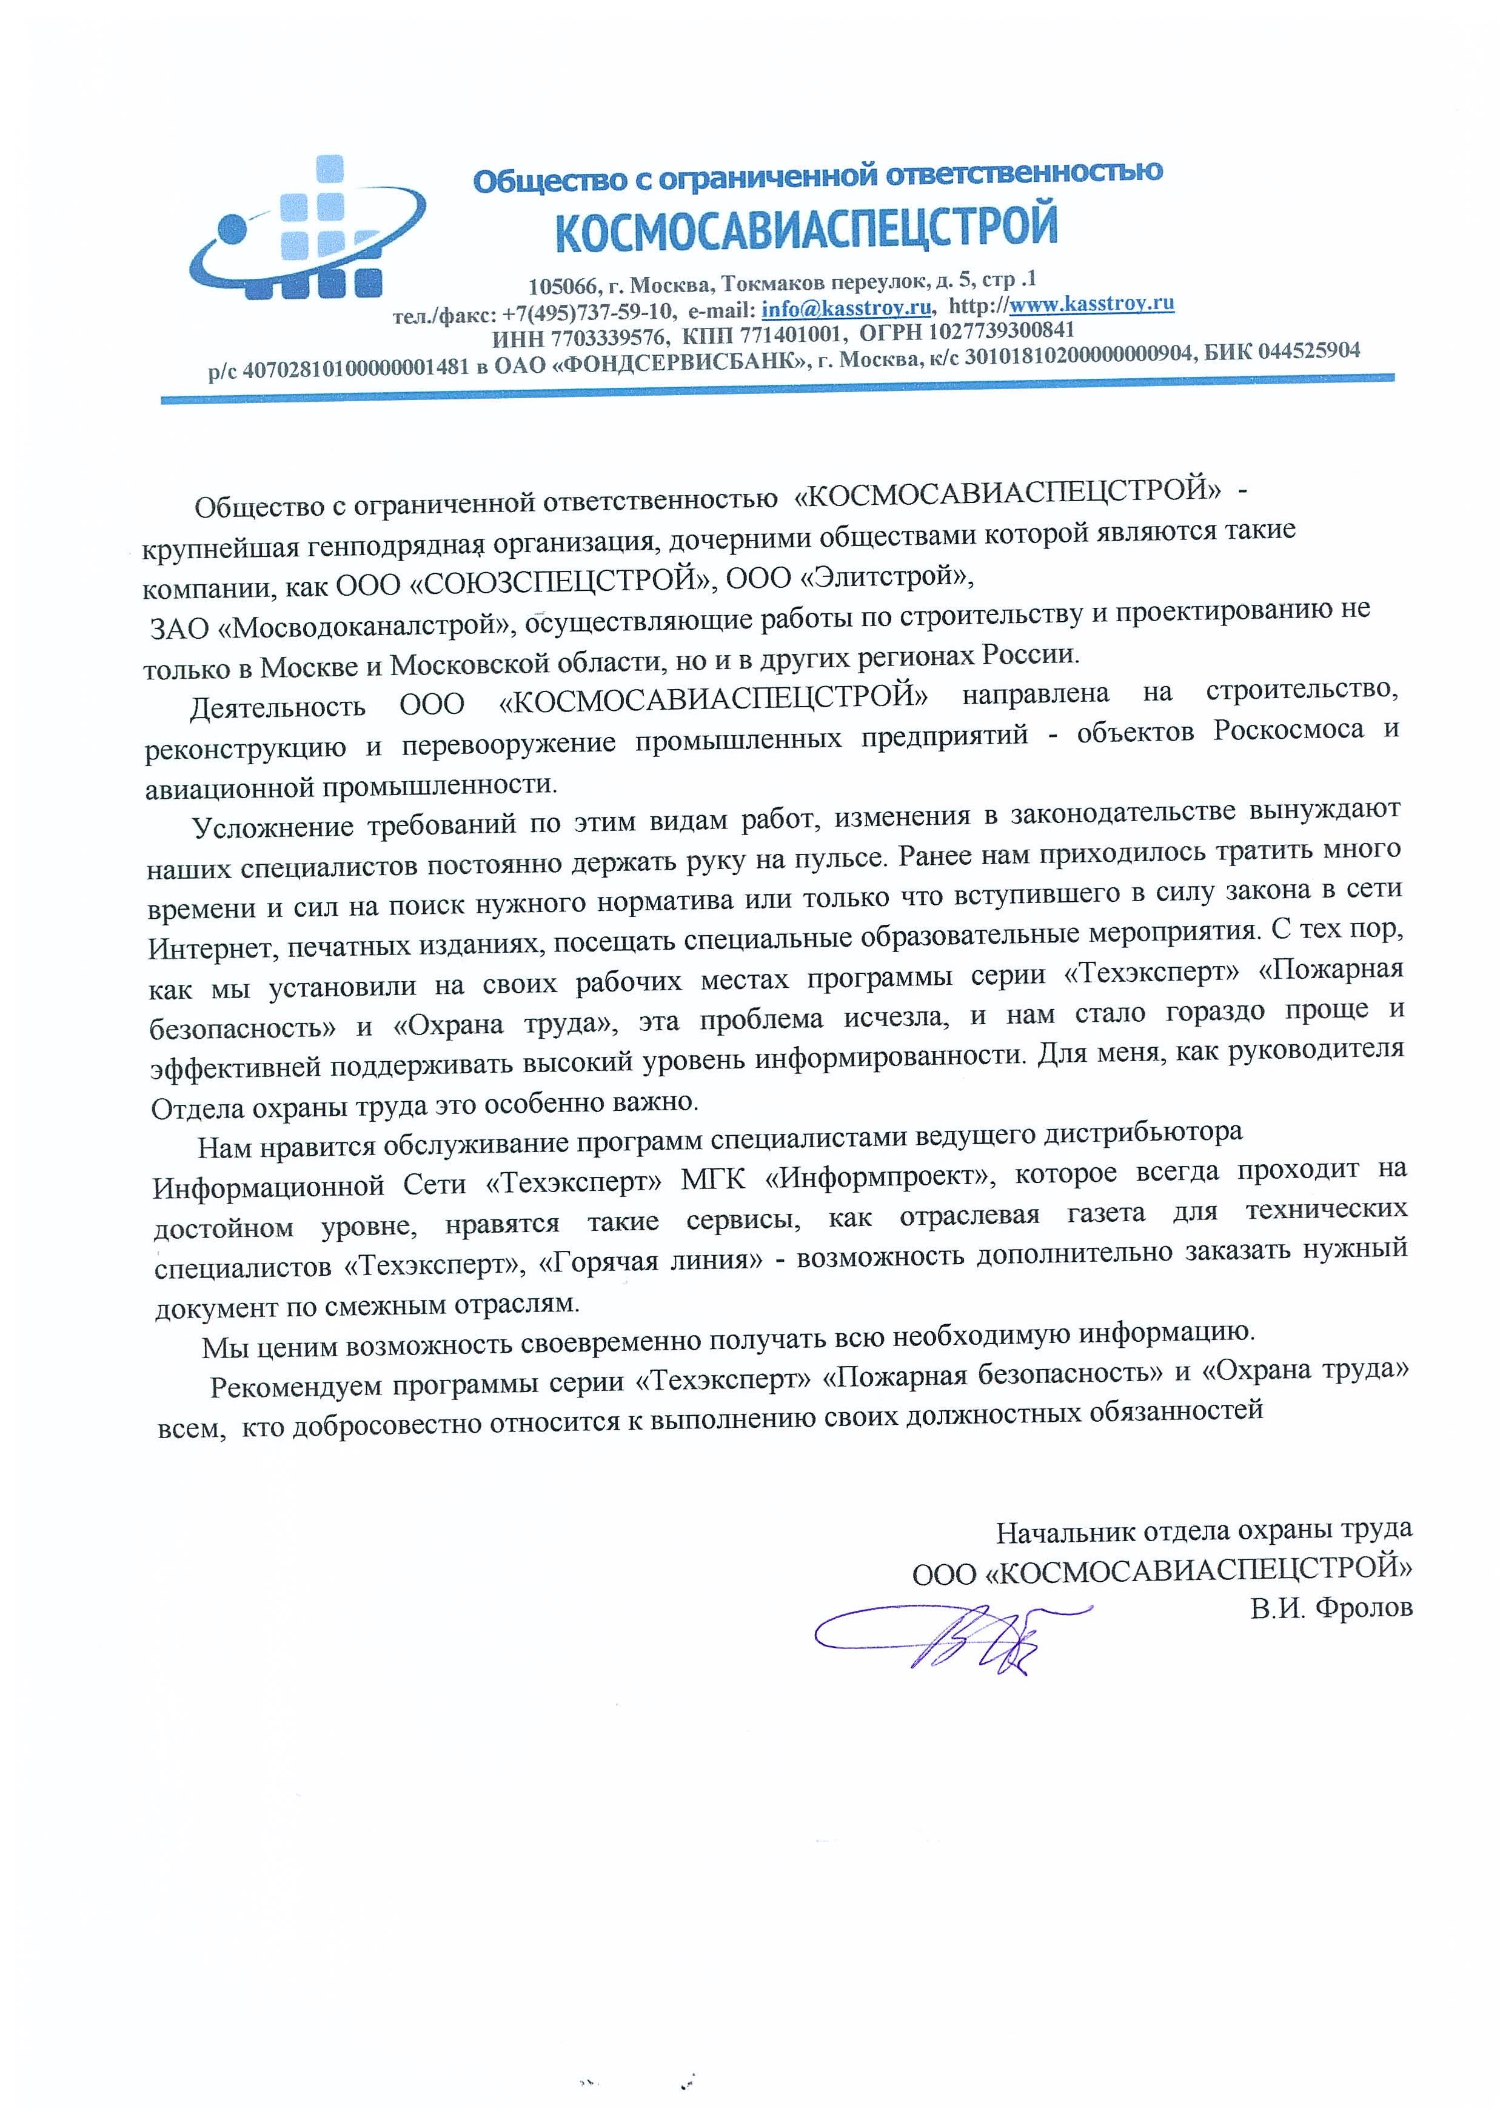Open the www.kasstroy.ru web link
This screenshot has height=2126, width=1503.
click(1092, 303)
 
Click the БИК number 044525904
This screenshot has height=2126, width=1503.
click(1306, 351)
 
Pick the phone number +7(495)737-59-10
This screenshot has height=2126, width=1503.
click(588, 312)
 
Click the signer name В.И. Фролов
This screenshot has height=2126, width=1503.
click(1331, 1607)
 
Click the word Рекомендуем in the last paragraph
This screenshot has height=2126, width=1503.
click(295, 1386)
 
